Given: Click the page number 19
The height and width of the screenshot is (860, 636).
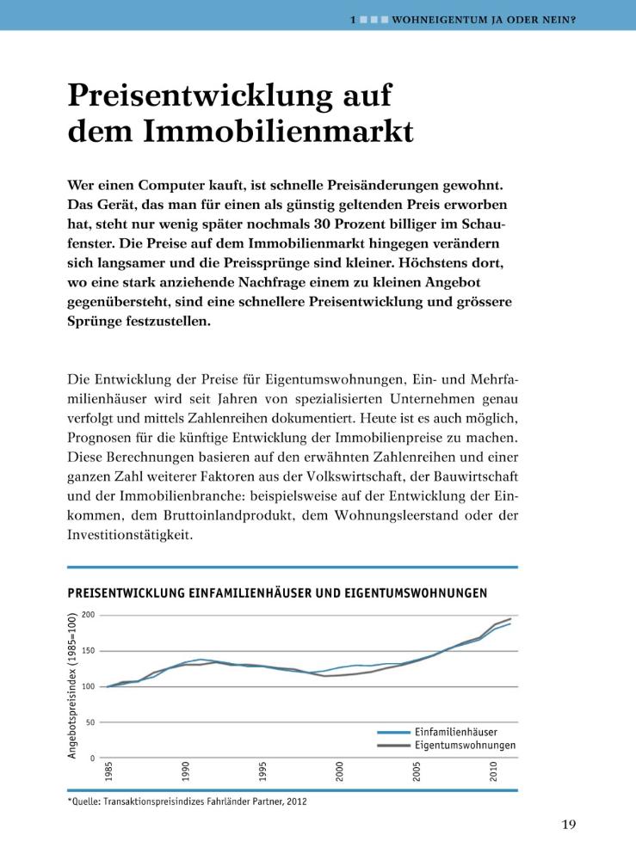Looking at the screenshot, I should point(569,825).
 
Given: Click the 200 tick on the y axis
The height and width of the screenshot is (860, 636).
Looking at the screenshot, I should point(90,616).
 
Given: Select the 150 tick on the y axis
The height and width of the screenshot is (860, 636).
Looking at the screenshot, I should point(90,651).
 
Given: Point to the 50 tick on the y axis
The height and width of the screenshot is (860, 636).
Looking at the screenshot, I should point(91,722).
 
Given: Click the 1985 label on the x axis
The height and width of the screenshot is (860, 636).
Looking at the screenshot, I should point(108,771).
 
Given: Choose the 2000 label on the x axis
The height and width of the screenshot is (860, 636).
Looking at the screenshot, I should point(340,771).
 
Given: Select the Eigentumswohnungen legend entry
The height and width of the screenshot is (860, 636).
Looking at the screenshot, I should point(465,745).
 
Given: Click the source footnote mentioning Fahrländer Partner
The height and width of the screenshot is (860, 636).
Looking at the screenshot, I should point(187,802).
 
